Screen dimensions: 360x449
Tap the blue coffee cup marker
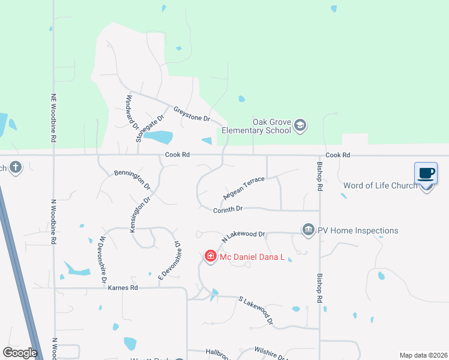(426, 174)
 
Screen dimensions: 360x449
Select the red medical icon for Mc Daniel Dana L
(211, 257)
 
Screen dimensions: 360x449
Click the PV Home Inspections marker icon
(309, 230)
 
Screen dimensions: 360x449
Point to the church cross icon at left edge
(16, 167)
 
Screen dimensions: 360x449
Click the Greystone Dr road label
(191, 114)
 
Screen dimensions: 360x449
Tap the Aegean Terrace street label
(244, 188)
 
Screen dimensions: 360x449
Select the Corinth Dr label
(228, 209)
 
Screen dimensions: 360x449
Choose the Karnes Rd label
(123, 288)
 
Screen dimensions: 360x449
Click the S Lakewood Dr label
(256, 310)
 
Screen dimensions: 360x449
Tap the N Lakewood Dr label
(244, 236)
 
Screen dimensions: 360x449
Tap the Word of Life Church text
(380, 185)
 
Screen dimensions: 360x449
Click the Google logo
(20, 352)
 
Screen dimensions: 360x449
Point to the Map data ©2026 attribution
(423, 355)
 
